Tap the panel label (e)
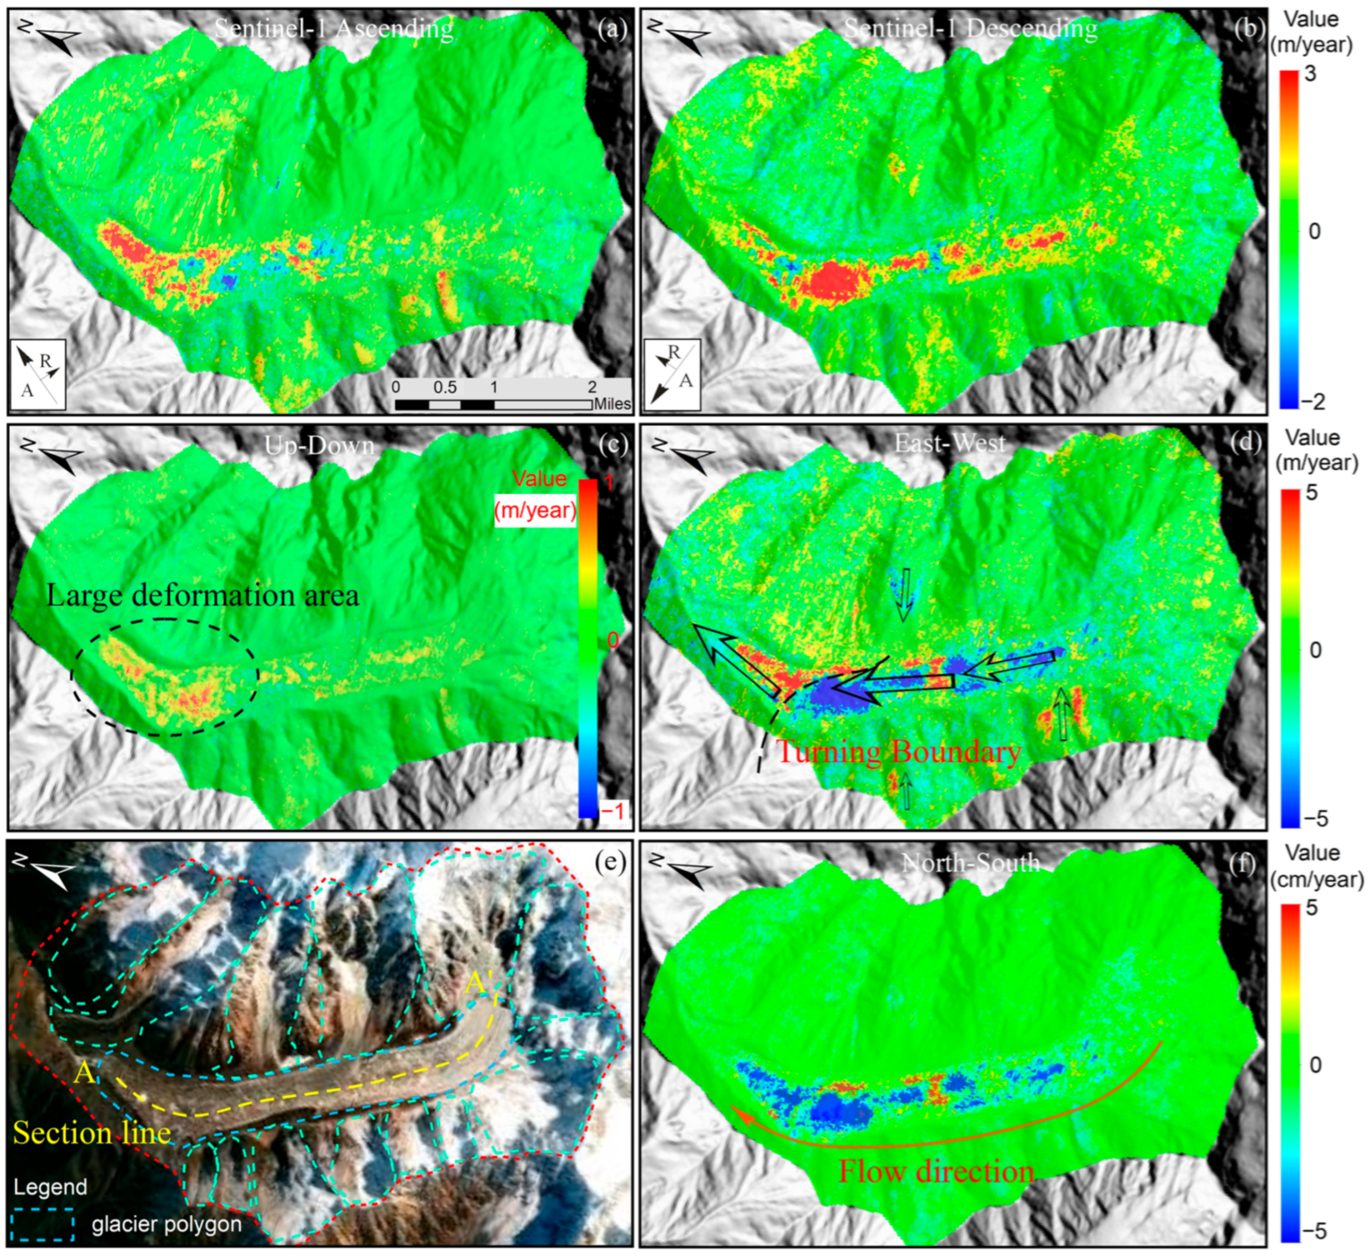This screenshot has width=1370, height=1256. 610,862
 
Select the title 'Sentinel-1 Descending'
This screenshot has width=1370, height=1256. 970,29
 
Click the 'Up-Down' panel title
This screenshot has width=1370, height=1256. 319,446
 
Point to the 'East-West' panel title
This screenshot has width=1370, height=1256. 949,444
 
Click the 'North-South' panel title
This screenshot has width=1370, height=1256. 970,862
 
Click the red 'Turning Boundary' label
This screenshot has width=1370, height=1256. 898,752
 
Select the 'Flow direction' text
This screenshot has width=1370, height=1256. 936,1171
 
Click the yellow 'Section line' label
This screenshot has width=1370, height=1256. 92,1133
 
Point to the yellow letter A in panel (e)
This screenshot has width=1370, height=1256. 84,1073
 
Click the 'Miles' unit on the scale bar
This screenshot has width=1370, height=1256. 612,405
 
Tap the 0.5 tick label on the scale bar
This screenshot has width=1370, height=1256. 445,387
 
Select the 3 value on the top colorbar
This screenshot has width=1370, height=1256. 1310,73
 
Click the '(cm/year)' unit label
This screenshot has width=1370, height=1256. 1317,880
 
